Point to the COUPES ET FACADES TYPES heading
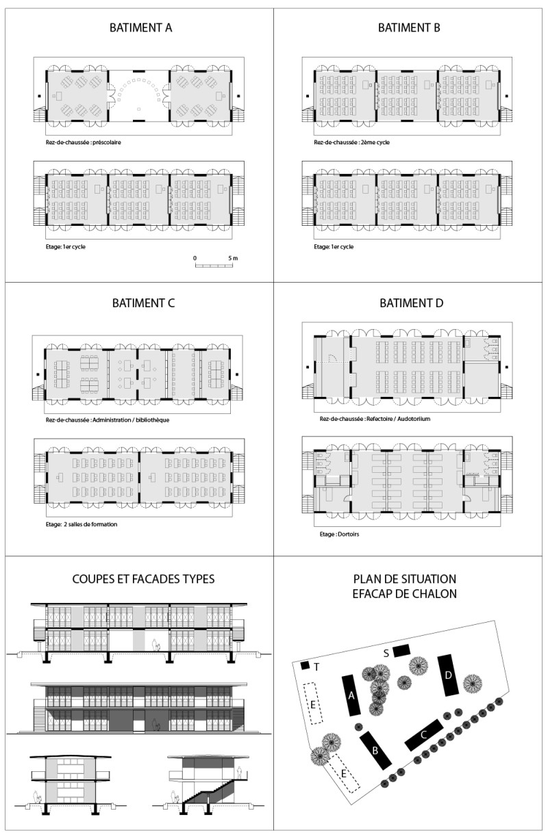(x=143, y=579)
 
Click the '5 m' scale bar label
(x=233, y=258)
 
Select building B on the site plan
(x=375, y=750)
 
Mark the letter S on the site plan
(x=386, y=654)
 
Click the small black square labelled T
(x=306, y=665)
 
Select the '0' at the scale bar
(x=195, y=258)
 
